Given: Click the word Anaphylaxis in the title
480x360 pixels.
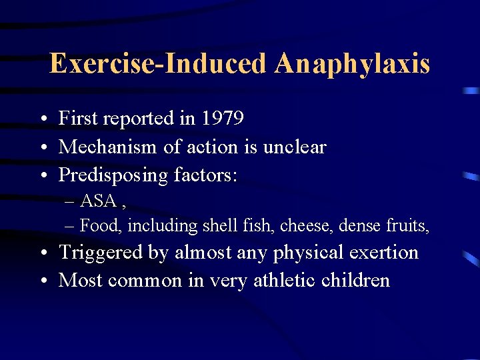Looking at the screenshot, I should click(351, 64).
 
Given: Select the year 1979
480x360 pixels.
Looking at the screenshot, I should click(222, 119).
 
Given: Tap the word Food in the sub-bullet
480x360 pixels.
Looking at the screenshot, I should click(100, 226).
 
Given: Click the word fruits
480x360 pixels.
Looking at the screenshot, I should click(407, 226).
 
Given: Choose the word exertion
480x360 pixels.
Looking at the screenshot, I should click(382, 253).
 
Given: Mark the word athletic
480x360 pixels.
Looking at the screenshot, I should click(285, 280).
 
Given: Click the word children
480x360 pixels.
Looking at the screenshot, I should click(355, 280).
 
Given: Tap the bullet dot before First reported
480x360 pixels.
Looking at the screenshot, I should click(42, 119).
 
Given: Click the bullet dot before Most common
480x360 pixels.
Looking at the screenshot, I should click(42, 281).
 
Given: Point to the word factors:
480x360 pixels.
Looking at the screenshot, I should click(206, 175).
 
